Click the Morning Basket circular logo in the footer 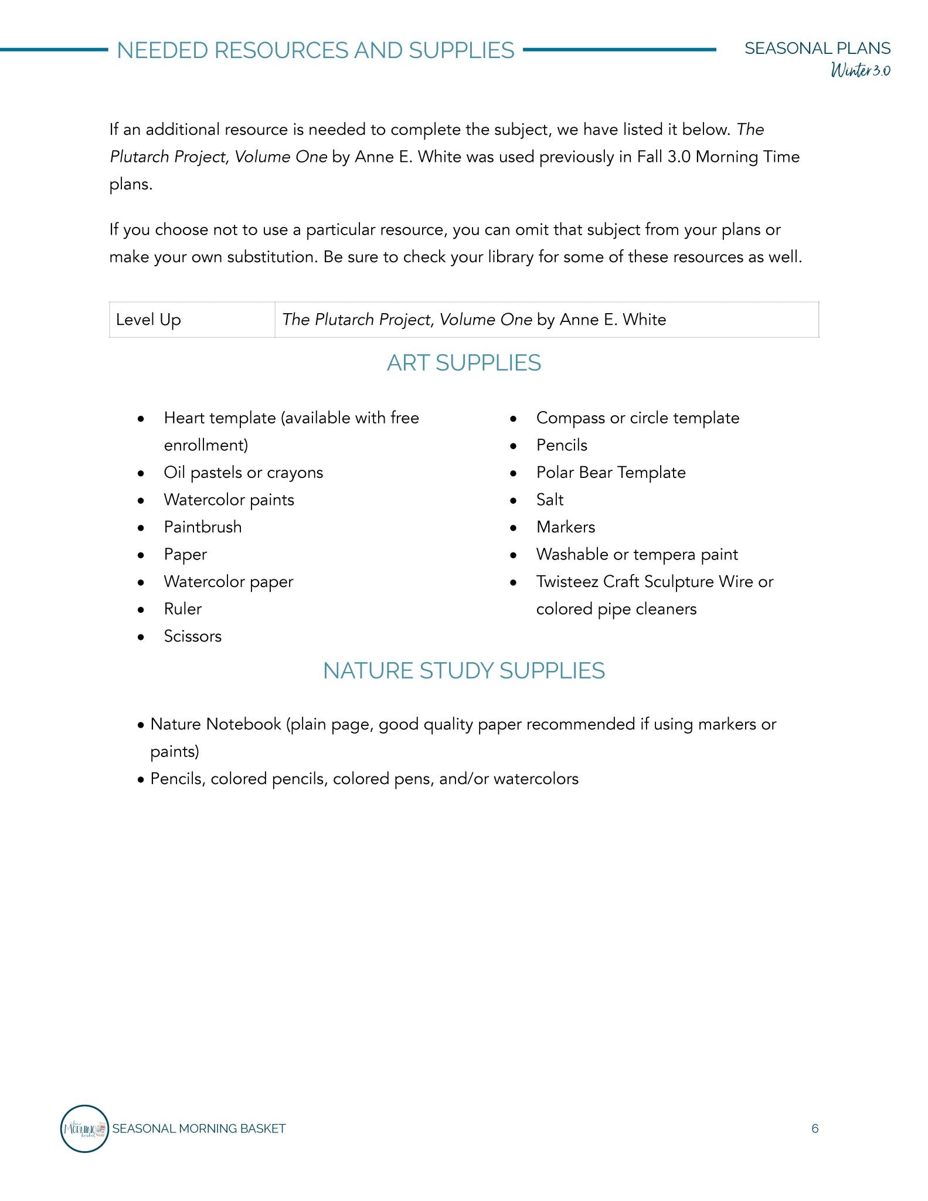tap(84, 1128)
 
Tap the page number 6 tap(814, 1129)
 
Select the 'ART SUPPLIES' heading tap(464, 363)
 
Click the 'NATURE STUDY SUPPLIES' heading tap(464, 671)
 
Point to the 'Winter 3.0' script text tap(860, 70)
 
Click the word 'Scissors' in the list tap(193, 636)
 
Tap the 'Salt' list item tap(549, 500)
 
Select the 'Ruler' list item tap(182, 609)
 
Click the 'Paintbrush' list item tap(202, 527)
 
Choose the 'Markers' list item tap(565, 527)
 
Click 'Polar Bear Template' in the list tap(610, 473)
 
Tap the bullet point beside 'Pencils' tap(514, 446)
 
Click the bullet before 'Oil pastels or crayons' tap(141, 473)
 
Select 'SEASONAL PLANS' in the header tap(817, 48)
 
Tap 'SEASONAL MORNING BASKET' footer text tap(199, 1129)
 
